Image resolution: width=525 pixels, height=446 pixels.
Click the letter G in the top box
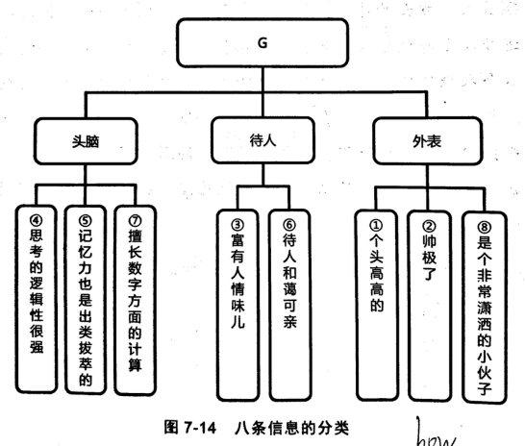[262, 43]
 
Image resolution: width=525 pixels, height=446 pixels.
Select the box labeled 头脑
[86, 141]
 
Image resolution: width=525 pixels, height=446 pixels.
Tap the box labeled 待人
[262, 140]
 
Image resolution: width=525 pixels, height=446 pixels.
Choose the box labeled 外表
[428, 141]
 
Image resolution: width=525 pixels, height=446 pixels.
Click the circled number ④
[37, 220]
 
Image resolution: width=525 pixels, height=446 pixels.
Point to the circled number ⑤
[85, 221]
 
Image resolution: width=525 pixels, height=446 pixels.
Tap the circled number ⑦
[135, 221]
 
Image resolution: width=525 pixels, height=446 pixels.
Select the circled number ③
[237, 225]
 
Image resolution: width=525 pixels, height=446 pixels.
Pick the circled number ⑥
[289, 225]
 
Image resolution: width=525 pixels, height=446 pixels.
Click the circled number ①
[376, 226]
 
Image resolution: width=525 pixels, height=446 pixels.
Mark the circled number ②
[429, 227]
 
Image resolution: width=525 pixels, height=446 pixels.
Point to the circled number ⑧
[485, 228]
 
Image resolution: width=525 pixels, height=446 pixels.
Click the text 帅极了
[429, 257]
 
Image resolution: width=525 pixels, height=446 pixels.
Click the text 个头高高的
[377, 273]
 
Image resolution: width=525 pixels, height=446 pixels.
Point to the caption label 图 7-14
[190, 428]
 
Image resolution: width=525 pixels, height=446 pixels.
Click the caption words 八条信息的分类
[292, 428]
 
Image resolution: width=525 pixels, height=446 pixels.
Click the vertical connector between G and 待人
[262, 92]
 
